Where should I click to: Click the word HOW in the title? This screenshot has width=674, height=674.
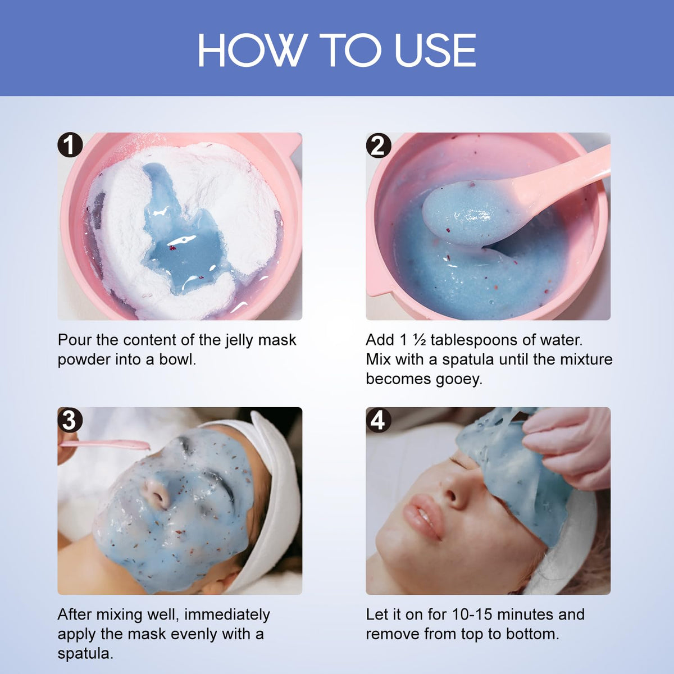pos(250,50)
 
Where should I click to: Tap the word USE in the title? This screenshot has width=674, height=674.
pos(435,50)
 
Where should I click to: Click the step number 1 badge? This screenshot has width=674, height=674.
pos(70,144)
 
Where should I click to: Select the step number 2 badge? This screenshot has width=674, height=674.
pos(379,145)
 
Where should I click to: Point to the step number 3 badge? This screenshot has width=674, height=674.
pos(70,420)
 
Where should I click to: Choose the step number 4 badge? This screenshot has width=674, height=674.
pos(379,420)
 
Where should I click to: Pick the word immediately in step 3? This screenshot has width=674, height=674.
pos(227,615)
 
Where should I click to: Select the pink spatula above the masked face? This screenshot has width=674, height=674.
pos(105,444)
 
